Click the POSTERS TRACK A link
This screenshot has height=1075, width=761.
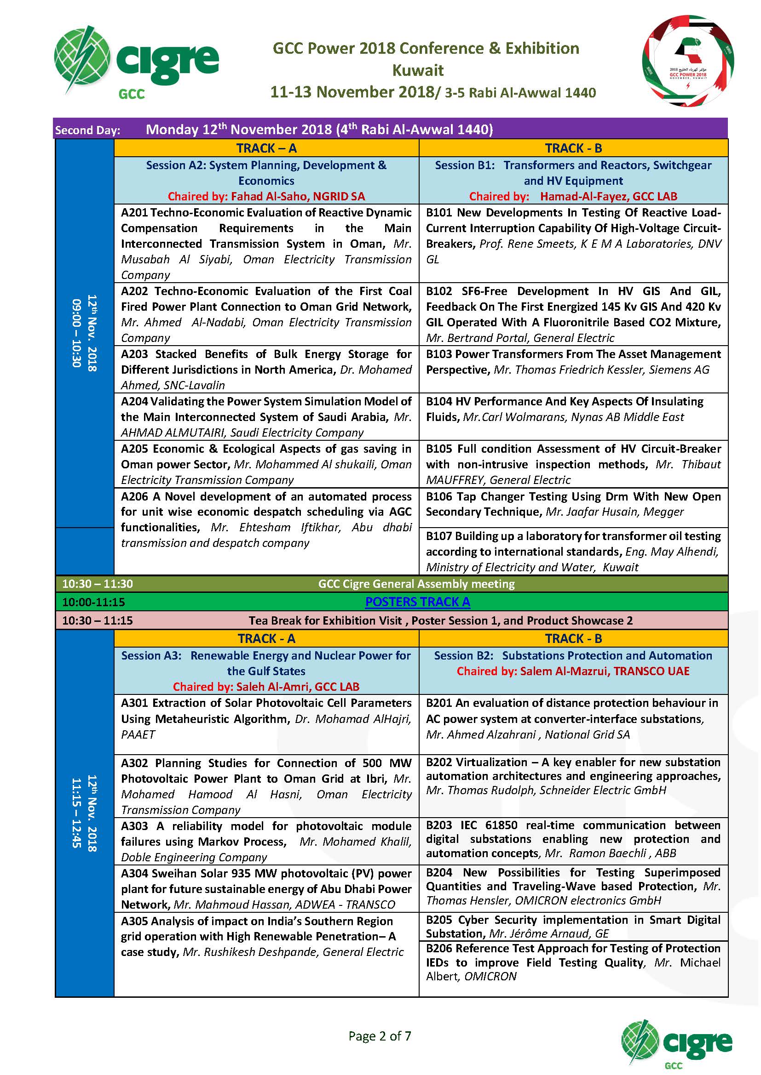[417, 602]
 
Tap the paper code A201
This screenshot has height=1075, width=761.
[134, 213]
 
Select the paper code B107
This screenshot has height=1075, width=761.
[439, 535]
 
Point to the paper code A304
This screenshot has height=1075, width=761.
[134, 873]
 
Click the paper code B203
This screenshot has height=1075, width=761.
[439, 825]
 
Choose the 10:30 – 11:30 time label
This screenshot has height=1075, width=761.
[98, 584]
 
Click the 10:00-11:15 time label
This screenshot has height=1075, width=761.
[94, 602]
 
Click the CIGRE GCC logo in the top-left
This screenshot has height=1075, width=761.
[136, 61]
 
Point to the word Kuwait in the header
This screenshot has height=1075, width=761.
[417, 70]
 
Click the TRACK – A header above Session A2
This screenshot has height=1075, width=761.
[266, 148]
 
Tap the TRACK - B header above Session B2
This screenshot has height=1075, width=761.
[573, 639]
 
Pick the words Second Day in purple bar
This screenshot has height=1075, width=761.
[87, 130]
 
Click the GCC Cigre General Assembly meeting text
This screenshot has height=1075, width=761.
[416, 584]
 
